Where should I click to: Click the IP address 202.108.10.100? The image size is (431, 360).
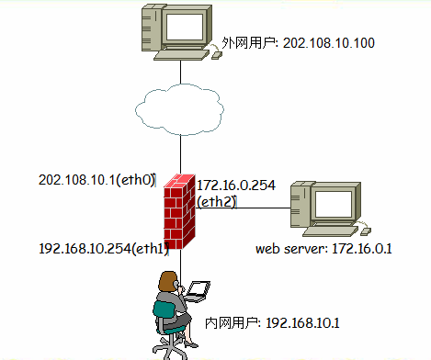coord(326,43)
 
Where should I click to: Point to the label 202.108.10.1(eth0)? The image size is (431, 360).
coord(96,180)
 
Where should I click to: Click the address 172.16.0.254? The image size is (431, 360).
coord(235,186)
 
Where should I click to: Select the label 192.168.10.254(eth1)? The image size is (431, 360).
coord(100,248)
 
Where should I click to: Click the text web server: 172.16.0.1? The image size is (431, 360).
coord(317,248)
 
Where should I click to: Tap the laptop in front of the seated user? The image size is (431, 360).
coord(198,292)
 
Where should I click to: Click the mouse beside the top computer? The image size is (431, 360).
coord(217,55)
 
